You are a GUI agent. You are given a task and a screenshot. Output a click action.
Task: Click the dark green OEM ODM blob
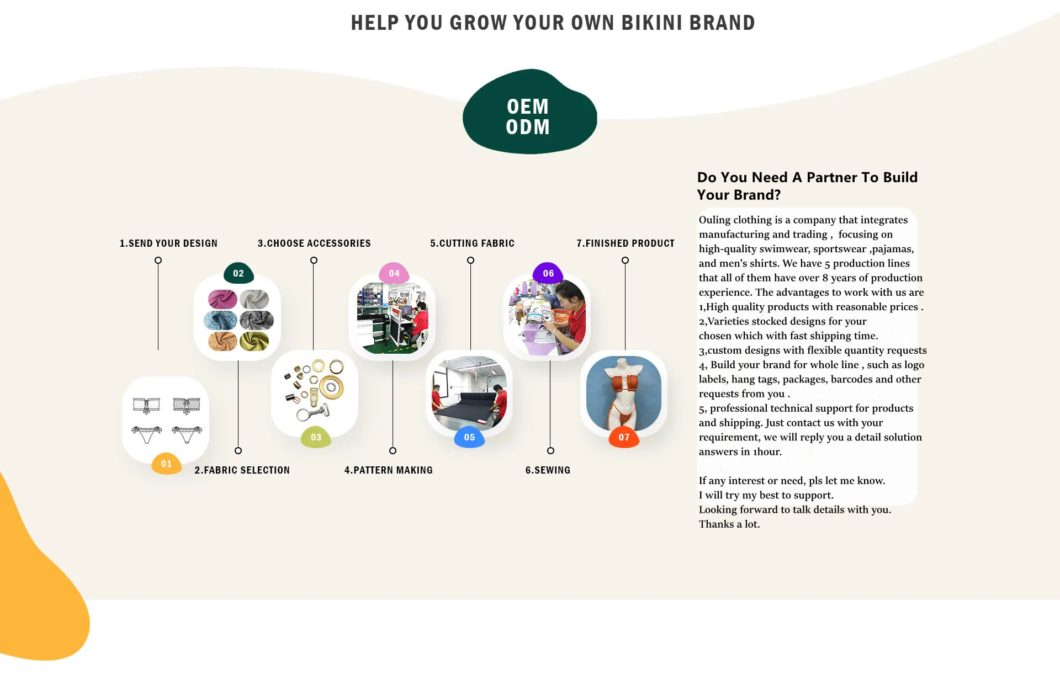pos(528,113)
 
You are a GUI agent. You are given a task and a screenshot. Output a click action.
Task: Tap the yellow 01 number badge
pos(166,464)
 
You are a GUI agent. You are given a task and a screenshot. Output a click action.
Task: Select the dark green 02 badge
pos(239,273)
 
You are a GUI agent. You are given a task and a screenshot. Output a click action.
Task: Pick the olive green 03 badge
pos(316,437)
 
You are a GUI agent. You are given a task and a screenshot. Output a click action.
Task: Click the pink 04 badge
pos(394,273)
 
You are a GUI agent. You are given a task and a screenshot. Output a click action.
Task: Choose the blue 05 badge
pos(469,437)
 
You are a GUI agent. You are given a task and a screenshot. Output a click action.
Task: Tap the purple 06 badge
pos(548,273)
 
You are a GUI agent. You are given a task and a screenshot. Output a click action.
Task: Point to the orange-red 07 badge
pos(624,437)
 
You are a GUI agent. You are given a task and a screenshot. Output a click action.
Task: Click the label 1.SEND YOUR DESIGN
pos(168,243)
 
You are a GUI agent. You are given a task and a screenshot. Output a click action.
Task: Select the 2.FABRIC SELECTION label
pos(242,470)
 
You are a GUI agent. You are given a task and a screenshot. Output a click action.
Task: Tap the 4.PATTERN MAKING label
pos(388,470)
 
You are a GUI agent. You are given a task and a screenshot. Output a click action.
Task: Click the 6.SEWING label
pos(548,470)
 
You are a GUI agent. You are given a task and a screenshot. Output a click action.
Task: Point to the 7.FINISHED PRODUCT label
pos(626,243)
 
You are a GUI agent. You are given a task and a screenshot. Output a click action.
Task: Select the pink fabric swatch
pos(222,299)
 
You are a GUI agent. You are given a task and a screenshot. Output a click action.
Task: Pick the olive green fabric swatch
pos(254,341)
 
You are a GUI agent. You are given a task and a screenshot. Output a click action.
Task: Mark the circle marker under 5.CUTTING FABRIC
pos(470,261)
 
